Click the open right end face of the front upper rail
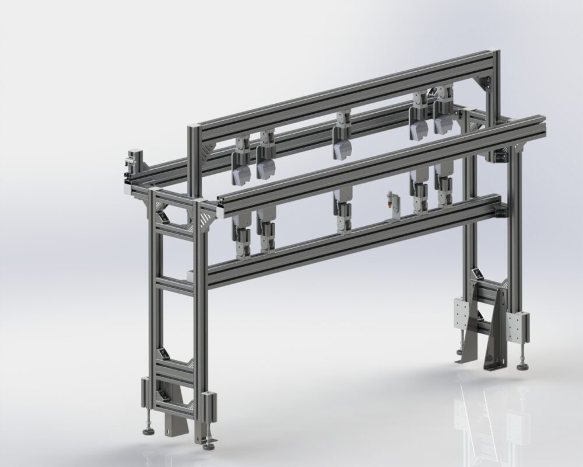tap(542, 123)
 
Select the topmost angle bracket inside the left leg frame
tap(163, 217)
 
